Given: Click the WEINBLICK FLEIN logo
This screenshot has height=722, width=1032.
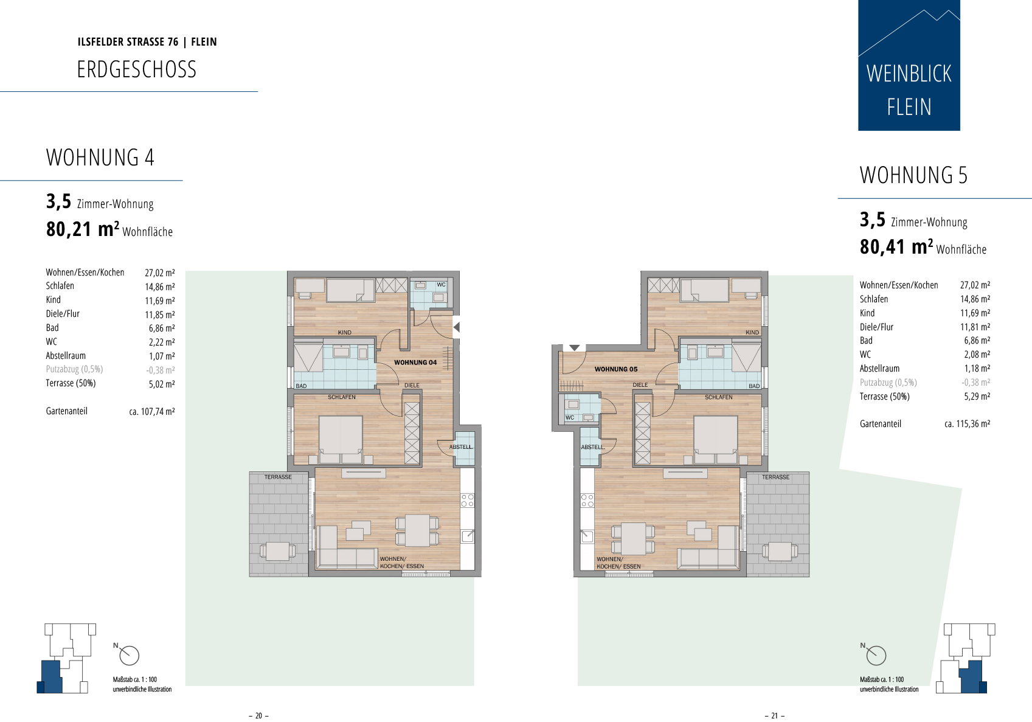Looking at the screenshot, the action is click(x=909, y=65).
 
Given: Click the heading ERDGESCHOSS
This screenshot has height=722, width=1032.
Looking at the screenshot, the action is click(x=137, y=69).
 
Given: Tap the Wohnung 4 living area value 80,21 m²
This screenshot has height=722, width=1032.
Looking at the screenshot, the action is click(x=83, y=229).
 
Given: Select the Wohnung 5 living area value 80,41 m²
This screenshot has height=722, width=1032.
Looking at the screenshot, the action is click(x=896, y=246).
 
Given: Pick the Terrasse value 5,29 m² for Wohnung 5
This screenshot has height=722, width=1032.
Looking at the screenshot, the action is click(x=977, y=396).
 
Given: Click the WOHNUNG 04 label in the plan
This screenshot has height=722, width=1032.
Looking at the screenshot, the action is click(x=415, y=363).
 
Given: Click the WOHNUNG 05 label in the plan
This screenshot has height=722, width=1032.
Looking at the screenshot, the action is click(x=616, y=369).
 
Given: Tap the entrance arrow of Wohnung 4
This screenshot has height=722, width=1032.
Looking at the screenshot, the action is click(x=456, y=328).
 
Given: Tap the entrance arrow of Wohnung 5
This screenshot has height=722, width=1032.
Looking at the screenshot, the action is click(x=574, y=347).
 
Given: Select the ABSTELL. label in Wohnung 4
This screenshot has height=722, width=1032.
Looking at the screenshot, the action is click(x=461, y=447).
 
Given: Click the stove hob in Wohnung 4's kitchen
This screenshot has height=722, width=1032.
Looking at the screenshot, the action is click(x=467, y=501).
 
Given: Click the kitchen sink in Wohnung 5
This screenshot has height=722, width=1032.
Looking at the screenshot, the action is click(x=587, y=536).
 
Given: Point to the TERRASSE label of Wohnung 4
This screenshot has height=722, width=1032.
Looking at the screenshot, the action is click(x=278, y=477).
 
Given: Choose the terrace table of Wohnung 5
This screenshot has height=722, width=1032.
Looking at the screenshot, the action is click(x=780, y=551).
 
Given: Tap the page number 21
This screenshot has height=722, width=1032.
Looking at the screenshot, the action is click(x=775, y=715).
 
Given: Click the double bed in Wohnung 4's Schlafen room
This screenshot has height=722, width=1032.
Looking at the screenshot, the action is click(x=341, y=439).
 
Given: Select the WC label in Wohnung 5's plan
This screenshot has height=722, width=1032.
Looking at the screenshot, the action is click(x=570, y=417).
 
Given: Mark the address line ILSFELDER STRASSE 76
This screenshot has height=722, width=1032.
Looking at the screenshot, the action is click(x=128, y=42).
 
